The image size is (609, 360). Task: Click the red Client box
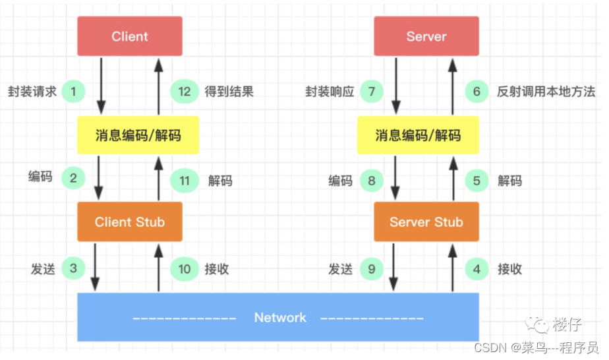click(129, 36)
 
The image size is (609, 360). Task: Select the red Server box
click(426, 36)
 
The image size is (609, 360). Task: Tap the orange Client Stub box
click(129, 222)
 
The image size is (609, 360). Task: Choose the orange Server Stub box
click(426, 222)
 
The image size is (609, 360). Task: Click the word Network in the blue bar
click(280, 318)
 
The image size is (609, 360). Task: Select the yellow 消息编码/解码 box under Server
click(418, 136)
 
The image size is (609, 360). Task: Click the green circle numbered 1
click(74, 91)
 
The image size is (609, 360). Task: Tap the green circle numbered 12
click(185, 91)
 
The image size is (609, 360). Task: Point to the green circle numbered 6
click(477, 91)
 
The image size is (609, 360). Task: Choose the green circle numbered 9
click(372, 268)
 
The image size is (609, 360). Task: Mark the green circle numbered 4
click(477, 268)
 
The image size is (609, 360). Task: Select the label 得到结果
click(229, 91)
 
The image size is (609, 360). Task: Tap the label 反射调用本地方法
click(546, 91)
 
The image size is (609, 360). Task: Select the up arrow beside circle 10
click(159, 266)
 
